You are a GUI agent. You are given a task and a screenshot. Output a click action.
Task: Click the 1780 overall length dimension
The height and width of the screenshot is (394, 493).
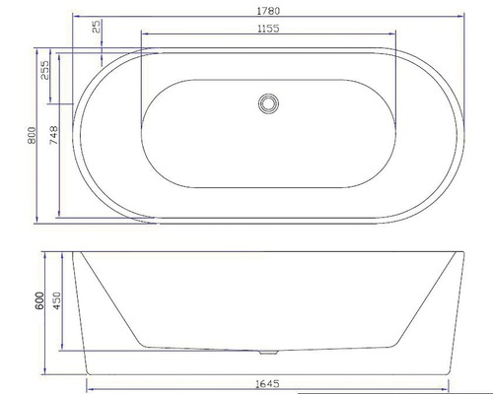point(268,11)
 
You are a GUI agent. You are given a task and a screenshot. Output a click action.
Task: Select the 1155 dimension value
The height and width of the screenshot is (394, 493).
point(268,29)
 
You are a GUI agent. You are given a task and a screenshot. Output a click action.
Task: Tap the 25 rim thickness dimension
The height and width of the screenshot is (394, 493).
point(96,27)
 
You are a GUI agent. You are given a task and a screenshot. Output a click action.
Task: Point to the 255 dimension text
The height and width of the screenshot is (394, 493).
point(44,70)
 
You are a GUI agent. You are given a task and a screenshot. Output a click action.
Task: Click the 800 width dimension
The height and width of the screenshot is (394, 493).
point(32,135)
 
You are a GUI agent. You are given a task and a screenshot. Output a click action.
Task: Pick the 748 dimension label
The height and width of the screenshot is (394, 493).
point(53,135)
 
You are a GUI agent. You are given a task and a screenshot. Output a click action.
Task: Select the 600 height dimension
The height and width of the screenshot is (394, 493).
point(39,300)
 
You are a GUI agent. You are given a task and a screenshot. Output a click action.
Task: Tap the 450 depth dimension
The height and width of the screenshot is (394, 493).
point(56,300)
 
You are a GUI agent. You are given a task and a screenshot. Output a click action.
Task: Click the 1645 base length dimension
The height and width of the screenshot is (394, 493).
point(267,383)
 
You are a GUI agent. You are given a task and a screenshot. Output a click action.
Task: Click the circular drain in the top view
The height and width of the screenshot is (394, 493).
point(268,103)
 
